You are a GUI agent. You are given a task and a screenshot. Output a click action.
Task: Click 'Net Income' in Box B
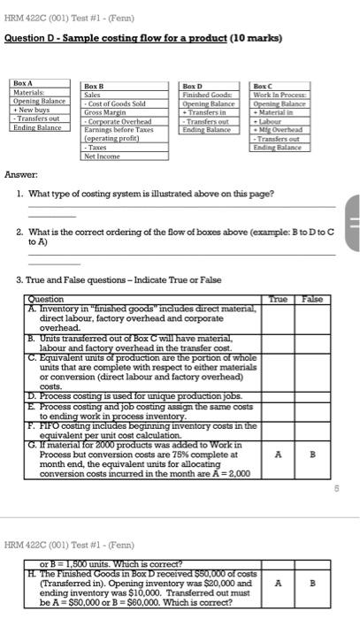(101, 157)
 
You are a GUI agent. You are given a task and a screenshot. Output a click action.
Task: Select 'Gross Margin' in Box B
(103, 112)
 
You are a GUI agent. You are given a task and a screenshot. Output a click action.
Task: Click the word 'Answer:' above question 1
(20, 175)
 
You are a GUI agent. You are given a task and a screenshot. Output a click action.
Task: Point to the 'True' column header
(277, 300)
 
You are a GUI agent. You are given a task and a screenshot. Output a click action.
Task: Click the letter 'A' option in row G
(278, 455)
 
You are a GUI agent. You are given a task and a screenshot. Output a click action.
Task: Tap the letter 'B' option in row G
(311, 455)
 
